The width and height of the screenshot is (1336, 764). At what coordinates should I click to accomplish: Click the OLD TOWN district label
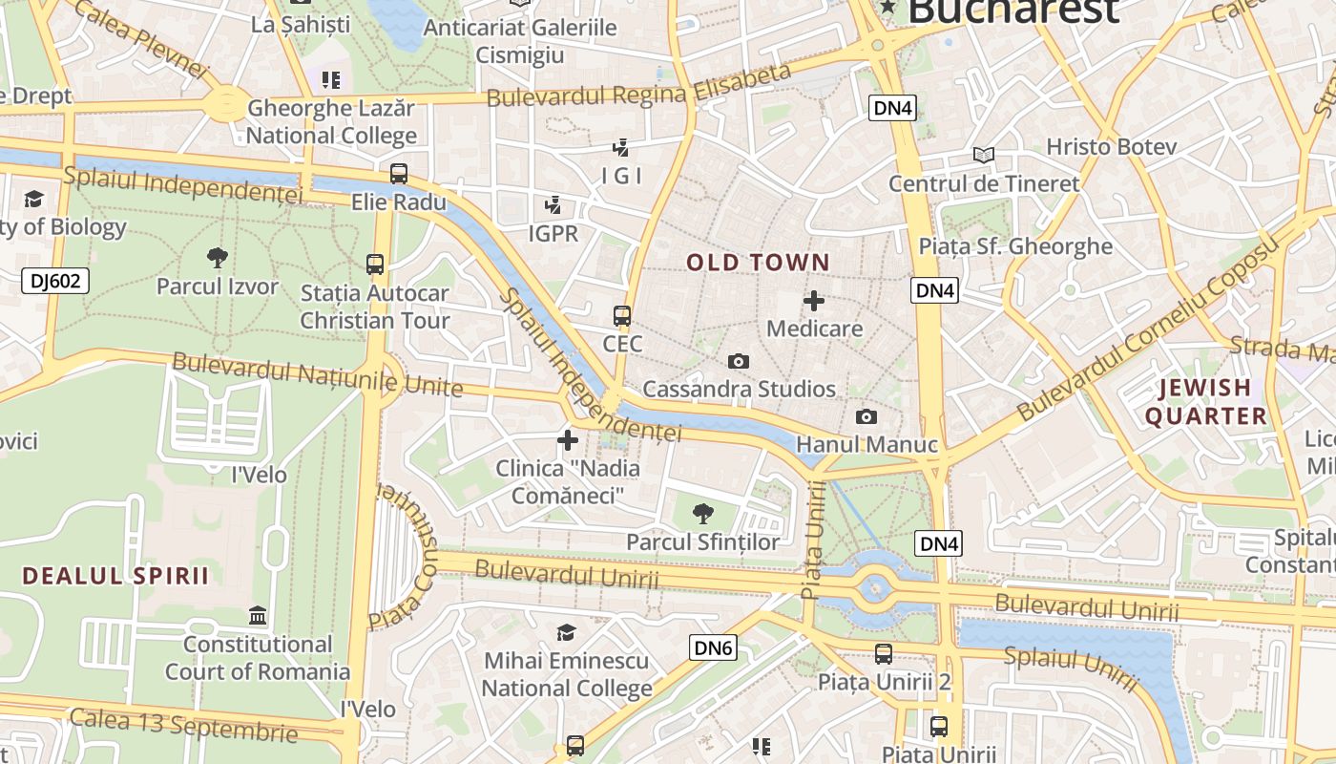[759, 263]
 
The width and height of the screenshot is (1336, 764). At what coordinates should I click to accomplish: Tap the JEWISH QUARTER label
[1205, 401]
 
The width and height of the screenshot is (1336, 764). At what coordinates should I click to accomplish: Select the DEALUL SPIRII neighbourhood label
[115, 576]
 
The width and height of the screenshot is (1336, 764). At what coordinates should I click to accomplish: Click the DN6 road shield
[714, 648]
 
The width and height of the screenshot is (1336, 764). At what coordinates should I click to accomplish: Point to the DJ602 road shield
[55, 281]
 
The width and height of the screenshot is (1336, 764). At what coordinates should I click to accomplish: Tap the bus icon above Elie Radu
[399, 174]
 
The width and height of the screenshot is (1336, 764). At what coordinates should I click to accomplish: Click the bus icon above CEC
[622, 315]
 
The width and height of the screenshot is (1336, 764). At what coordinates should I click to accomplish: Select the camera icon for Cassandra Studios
[738, 361]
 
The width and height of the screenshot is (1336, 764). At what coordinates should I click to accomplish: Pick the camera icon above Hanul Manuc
[866, 416]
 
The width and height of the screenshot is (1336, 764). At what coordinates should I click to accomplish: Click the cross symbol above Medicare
[814, 301]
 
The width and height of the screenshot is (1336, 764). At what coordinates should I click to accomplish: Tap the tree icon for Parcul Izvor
[218, 256]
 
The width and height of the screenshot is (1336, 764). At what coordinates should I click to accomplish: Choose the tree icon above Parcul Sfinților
[703, 513]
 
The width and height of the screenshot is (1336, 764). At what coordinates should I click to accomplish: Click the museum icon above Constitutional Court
[258, 615]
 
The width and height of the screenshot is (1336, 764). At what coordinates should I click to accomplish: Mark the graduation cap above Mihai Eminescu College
[567, 632]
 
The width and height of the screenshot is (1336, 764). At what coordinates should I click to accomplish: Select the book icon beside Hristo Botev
[984, 154]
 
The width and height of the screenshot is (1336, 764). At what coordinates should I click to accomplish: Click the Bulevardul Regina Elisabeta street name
[638, 86]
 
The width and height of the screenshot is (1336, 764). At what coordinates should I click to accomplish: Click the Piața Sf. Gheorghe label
[1015, 246]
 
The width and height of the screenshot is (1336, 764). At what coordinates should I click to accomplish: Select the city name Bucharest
[1012, 11]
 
